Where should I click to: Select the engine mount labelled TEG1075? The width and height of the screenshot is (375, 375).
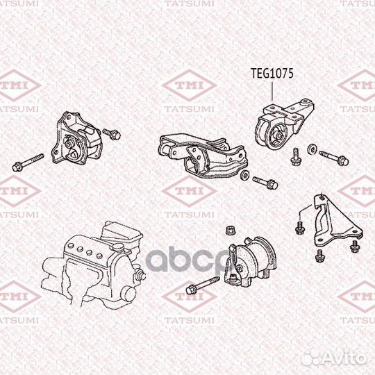coord(281,126)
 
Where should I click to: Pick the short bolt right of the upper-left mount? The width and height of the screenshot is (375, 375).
coord(111,133)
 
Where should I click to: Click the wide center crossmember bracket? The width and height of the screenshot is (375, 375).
coord(201,153)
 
